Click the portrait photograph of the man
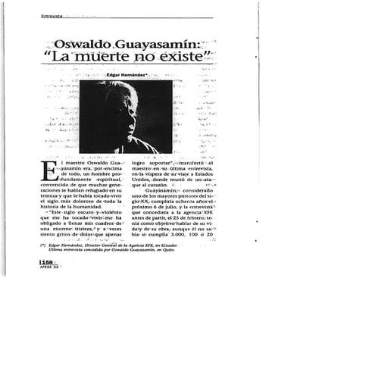[126, 117]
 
